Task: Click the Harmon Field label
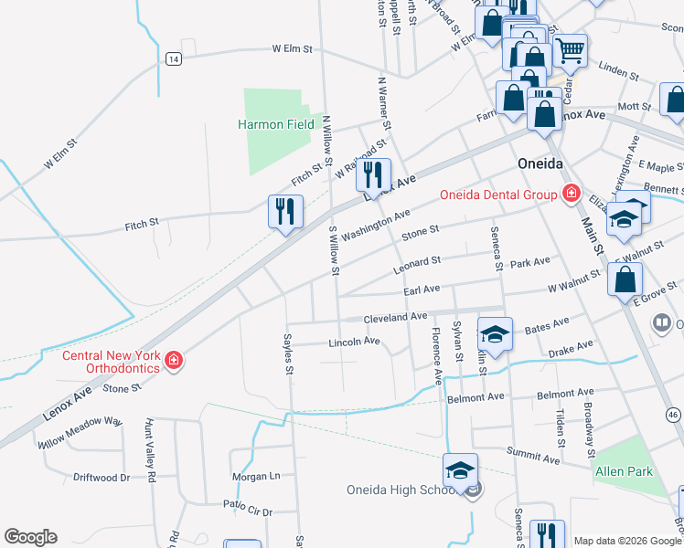pos(276,124)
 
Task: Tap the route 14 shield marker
pos(173,58)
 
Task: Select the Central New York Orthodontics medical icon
pos(174,362)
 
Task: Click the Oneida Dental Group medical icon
pos(572,193)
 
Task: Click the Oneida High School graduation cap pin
pos(461,470)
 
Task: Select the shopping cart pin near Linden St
pos(571,49)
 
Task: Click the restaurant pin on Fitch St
pos(284,211)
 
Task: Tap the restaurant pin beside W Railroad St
pos(373,174)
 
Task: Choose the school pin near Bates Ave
pos(495,334)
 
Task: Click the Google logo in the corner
pos(30,537)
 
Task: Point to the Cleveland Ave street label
pos(395,317)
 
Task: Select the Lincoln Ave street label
pos(354,342)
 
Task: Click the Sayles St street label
pos(288,355)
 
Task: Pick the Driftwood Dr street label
pos(100,478)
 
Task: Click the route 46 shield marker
pos(676,415)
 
